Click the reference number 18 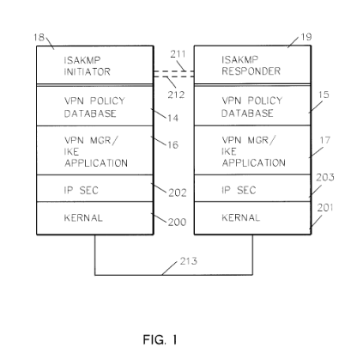[39, 38]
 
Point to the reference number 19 [306, 37]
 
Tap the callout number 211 [178, 54]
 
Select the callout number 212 [176, 95]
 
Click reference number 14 [172, 118]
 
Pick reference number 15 [324, 95]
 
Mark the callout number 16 [172, 145]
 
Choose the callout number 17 [324, 140]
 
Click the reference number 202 [178, 192]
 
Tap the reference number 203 [325, 178]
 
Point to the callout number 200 [177, 223]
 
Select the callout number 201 [325, 208]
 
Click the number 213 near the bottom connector [189, 261]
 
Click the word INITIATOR [87, 72]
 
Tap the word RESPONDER [251, 71]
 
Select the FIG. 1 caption [160, 340]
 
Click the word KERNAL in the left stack [83, 218]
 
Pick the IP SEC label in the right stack [239, 190]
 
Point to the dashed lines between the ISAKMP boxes [174, 74]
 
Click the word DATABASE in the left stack [90, 113]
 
